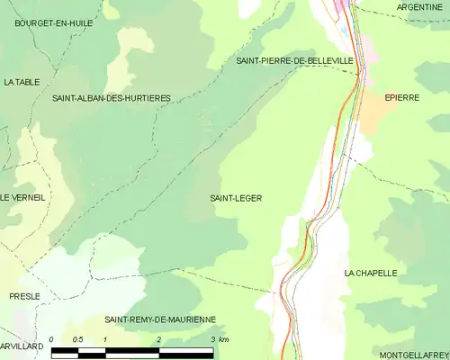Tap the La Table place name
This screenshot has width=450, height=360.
point(22,82)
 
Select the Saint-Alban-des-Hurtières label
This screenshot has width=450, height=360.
point(112,97)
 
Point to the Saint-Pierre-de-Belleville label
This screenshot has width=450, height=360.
point(295,60)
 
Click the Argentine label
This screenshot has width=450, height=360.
point(419,7)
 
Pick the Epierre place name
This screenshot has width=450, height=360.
point(402,97)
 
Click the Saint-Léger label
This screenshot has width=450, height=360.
point(236,198)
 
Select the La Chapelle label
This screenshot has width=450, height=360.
point(370,273)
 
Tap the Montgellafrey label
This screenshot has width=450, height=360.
point(412,354)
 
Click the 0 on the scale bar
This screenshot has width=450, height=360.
point(52,339)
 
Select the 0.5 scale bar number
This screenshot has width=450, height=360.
point(78,339)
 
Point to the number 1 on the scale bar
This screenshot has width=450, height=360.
point(105,339)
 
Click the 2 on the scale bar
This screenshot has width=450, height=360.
point(159,339)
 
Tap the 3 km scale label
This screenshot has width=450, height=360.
point(218,339)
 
